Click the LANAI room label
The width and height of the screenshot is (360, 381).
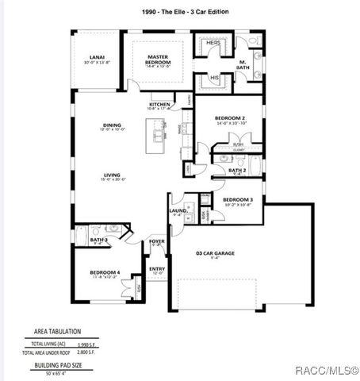[97, 58]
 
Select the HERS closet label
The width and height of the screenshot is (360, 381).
[213, 43]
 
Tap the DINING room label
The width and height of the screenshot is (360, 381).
[111, 126]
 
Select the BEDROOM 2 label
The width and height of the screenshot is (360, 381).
[230, 118]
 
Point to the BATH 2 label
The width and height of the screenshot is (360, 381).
[237, 170]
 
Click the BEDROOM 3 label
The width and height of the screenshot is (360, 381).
[237, 199]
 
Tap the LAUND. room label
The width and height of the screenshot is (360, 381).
[178, 210]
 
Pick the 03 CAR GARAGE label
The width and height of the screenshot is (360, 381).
[215, 253]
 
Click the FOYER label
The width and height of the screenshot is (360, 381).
[157, 241]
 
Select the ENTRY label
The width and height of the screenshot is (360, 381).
[157, 268]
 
